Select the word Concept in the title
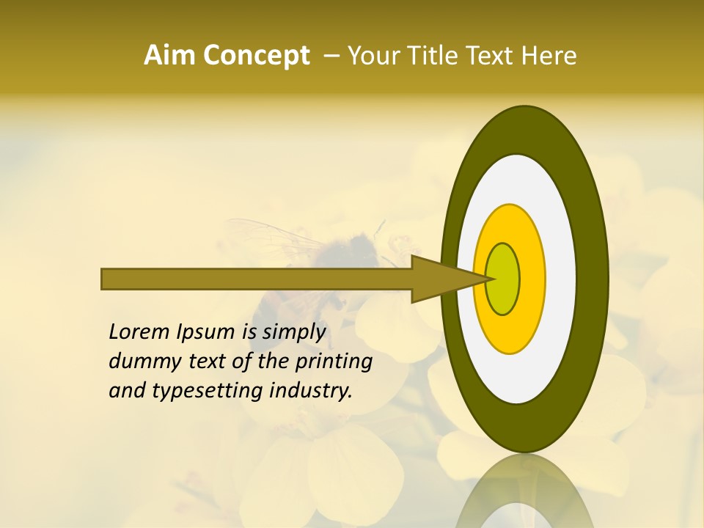(257, 56)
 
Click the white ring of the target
(560, 279)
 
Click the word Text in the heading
(495, 56)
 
